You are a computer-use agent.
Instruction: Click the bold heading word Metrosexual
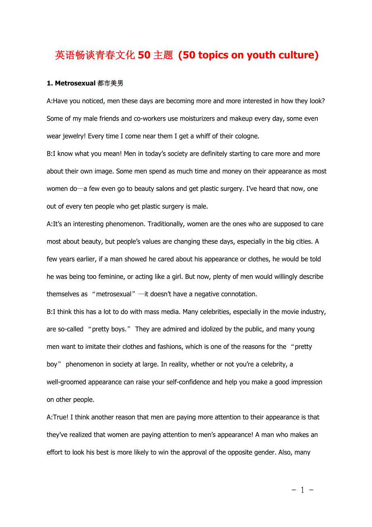(x=75, y=83)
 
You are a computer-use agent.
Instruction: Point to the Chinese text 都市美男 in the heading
(x=110, y=83)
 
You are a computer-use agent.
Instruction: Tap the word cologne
(x=245, y=136)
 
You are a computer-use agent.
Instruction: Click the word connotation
(x=236, y=294)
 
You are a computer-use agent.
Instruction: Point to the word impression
(x=306, y=382)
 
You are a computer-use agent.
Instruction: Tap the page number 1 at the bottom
(x=302, y=490)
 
